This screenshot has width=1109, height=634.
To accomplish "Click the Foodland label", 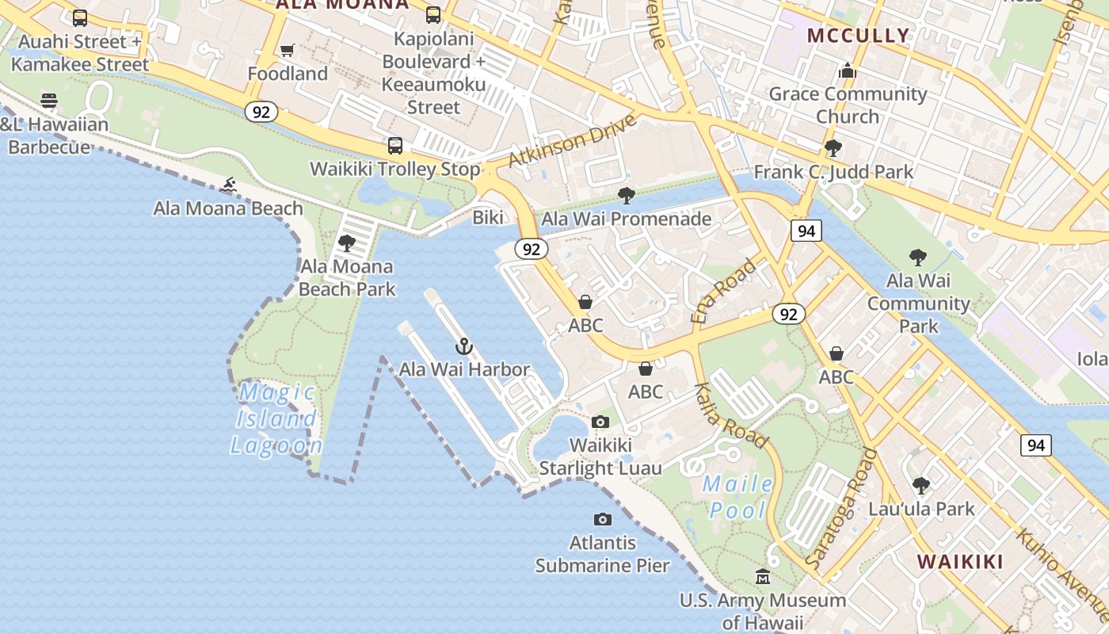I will coord(288,74).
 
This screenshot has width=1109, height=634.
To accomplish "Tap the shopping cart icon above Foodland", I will coord(288,51).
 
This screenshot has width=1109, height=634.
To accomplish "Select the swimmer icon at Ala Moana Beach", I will coord(229,185).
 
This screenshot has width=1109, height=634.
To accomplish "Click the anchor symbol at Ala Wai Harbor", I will coord(464,346).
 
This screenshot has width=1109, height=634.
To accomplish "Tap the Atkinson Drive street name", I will coord(572,140).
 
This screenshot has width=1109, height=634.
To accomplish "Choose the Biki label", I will coord(488,217).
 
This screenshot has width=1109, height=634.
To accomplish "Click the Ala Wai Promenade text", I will coord(626,218).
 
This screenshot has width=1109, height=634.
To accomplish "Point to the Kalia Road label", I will coord(730,415).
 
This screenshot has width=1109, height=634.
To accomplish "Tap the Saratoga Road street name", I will coord(841,508).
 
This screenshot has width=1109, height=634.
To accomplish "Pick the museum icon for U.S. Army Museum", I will coord(763,576).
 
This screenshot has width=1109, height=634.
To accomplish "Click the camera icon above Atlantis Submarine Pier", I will coord(603,520).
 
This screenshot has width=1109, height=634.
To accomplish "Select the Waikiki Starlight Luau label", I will coord(600,456).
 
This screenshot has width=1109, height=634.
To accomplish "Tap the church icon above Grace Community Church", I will coord(848,71).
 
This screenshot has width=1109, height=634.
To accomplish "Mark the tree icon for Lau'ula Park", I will coord(920,485).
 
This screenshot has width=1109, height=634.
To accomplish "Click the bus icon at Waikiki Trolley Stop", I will coord(395,146).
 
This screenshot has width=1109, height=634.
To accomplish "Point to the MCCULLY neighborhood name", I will coord(858,36).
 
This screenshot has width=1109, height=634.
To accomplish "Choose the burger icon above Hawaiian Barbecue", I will coord(49,101).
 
